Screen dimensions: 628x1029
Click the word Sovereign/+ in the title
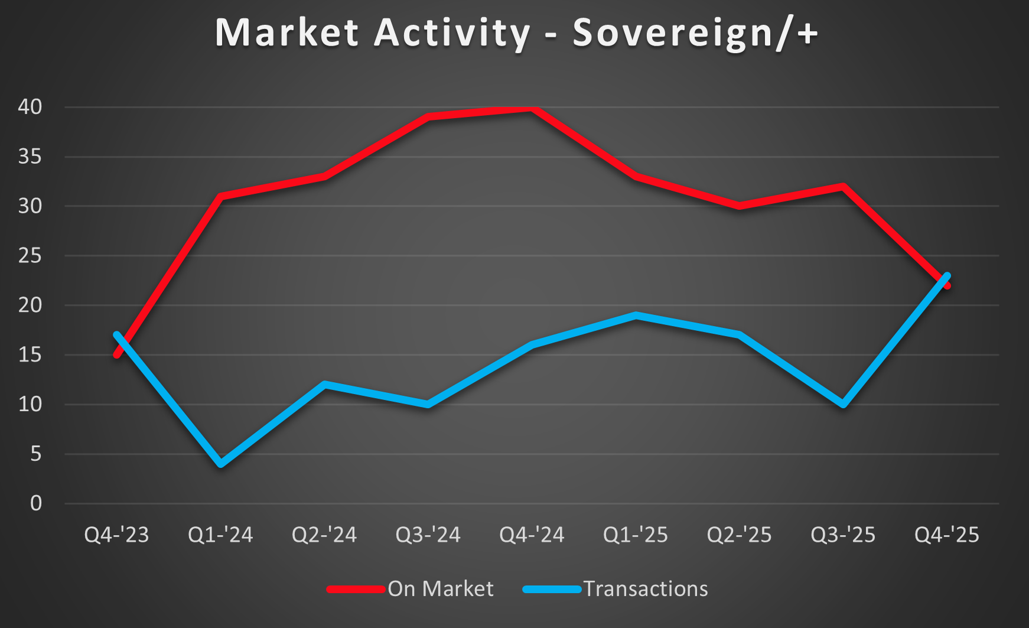[x=695, y=32]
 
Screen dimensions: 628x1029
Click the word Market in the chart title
[x=287, y=32]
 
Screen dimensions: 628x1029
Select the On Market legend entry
[x=440, y=589]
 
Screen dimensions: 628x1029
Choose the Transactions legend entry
[x=646, y=589]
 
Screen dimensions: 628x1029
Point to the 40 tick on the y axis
[x=30, y=107]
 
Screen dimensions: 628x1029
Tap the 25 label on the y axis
[x=30, y=256]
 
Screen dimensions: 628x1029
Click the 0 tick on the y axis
[x=36, y=503]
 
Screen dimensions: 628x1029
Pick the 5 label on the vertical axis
[x=36, y=454]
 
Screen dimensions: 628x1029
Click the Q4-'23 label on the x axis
[x=117, y=535]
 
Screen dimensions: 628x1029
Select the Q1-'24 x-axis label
[x=220, y=535]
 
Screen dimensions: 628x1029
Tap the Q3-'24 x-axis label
[x=428, y=535]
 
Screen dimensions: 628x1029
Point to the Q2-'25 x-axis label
[x=740, y=535]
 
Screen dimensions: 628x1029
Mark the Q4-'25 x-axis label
[x=947, y=535]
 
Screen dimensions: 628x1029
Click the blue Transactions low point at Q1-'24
[x=221, y=464]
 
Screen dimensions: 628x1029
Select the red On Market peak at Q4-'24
[x=532, y=109]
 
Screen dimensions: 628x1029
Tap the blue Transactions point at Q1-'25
[x=636, y=315]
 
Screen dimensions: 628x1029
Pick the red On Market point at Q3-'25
[x=843, y=187]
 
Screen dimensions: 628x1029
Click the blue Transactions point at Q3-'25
[x=843, y=405]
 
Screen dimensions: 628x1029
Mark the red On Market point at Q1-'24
[x=221, y=196]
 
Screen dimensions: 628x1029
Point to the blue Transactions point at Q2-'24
[x=324, y=385]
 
